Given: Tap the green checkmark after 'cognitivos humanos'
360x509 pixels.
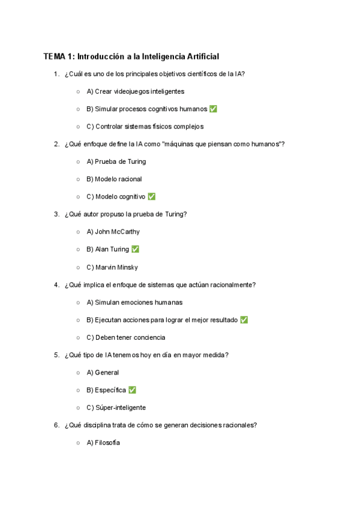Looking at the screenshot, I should [x=214, y=109].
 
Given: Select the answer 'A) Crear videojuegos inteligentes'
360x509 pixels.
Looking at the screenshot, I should [x=135, y=92].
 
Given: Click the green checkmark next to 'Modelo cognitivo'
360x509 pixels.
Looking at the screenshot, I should [x=151, y=197].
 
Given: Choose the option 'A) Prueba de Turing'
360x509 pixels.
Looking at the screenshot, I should [x=116, y=161].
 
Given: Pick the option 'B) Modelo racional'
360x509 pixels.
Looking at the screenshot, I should [x=114, y=179].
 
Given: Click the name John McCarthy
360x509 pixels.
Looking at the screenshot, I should [x=117, y=232].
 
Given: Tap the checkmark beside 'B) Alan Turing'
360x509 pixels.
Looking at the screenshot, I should [x=135, y=249].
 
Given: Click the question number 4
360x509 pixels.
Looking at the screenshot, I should [x=56, y=285].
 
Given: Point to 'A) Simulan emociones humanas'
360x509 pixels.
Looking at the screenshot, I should [x=134, y=303].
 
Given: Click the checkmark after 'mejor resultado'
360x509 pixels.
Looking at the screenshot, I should [x=244, y=320].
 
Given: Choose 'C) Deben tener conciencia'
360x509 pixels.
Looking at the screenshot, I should [x=125, y=337].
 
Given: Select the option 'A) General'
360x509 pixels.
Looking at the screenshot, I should [x=103, y=373].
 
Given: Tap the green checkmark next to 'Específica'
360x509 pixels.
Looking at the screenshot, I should [x=132, y=390].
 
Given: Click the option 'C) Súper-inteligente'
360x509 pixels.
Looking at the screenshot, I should [x=116, y=408].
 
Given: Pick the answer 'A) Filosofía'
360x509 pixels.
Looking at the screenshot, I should [x=103, y=443].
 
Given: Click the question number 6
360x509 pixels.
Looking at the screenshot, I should [x=56, y=425].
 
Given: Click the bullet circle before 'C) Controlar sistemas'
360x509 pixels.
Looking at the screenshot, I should [x=78, y=127].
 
